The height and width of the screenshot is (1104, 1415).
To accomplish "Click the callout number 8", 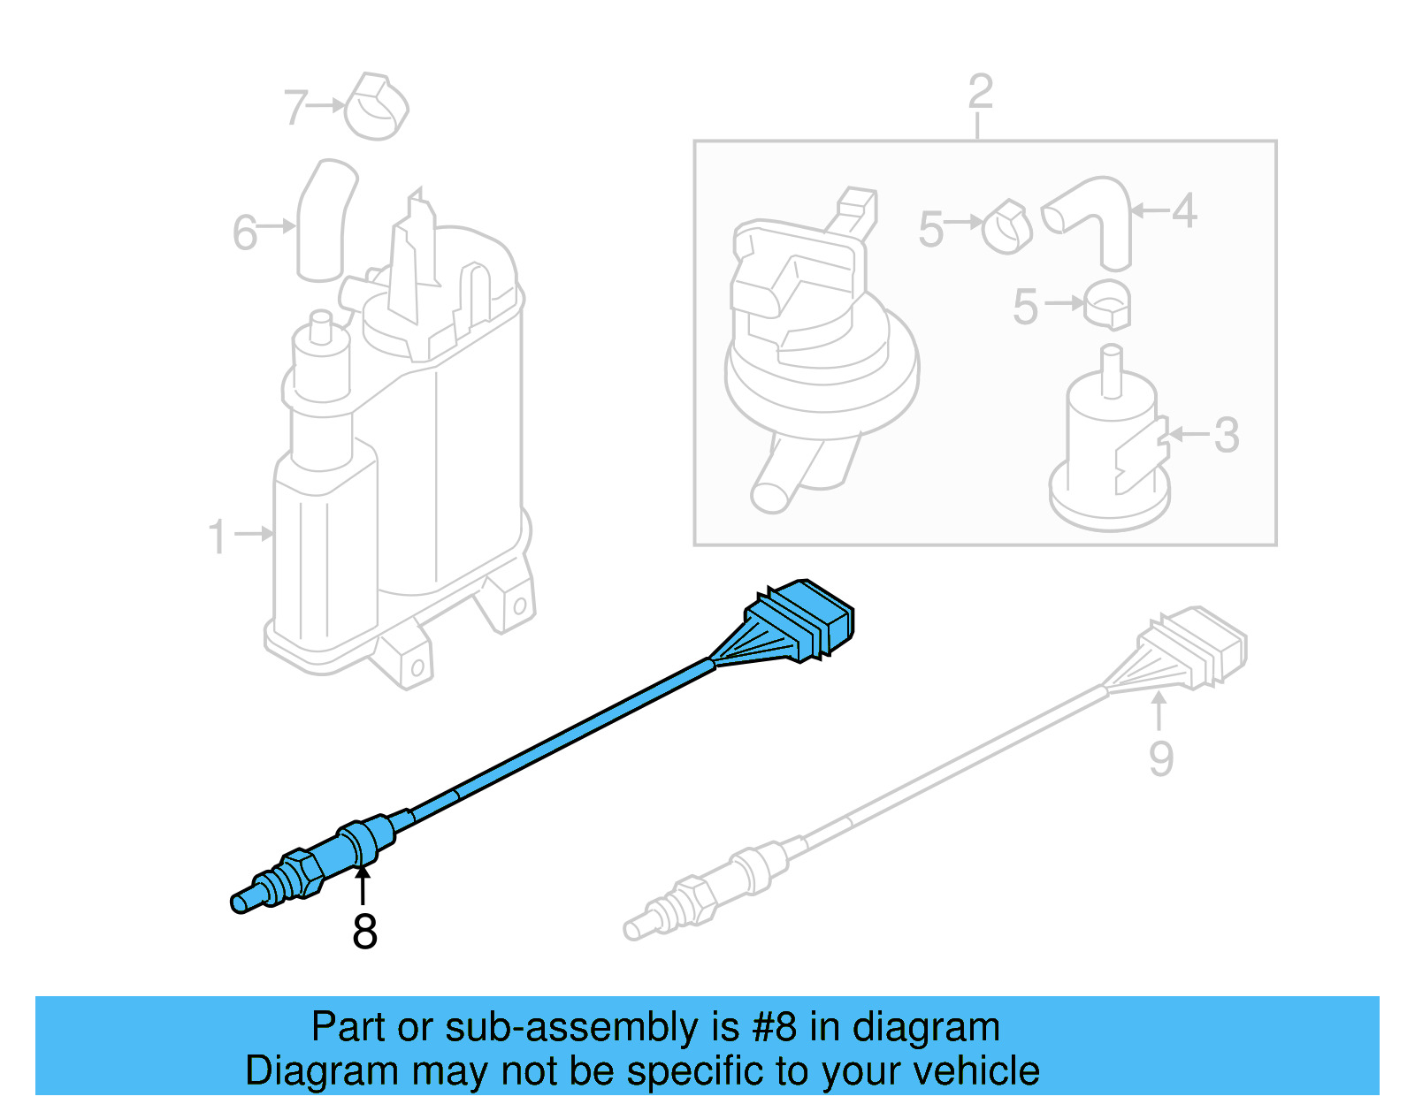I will [364, 932].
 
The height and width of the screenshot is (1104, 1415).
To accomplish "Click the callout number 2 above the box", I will [980, 92].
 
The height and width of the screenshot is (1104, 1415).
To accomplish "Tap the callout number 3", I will [1226, 435].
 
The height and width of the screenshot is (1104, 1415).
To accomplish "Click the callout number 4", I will [1184, 211].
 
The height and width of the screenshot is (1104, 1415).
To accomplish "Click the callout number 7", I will [295, 108].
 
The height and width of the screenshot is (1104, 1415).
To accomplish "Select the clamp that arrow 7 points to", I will [376, 108].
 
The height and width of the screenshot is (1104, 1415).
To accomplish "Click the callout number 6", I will [244, 233].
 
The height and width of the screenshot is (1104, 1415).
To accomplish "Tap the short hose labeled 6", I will [323, 221].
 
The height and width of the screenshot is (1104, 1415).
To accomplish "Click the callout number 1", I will [217, 537].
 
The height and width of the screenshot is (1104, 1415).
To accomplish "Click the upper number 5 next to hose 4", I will [931, 229].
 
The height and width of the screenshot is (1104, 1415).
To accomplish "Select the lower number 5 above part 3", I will [1025, 307].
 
